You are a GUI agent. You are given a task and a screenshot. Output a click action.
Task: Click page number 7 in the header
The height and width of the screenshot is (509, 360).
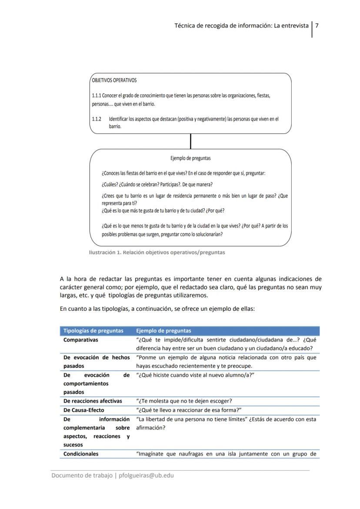(x=317, y=26)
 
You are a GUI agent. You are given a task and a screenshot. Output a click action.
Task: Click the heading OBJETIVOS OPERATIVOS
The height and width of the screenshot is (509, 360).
(x=114, y=80)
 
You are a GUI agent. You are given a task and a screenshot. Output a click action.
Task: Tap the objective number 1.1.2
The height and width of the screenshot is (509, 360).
(x=97, y=119)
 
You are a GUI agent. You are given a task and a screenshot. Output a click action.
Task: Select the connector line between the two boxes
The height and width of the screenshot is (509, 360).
(x=190, y=141)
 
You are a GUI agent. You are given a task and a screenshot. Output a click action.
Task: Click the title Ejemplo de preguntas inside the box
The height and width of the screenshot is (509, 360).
(x=190, y=159)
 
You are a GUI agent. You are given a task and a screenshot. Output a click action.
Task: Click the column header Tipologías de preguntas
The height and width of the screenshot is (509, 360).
(x=93, y=331)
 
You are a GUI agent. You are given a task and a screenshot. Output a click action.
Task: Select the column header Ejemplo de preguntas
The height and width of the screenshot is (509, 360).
(x=163, y=331)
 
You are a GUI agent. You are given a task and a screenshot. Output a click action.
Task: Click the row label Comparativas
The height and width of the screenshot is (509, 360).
(x=81, y=340)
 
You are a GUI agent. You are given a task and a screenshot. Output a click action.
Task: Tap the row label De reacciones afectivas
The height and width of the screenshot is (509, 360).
(x=93, y=401)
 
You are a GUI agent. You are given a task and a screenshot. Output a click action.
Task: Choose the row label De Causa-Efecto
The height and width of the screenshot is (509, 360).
(x=84, y=410)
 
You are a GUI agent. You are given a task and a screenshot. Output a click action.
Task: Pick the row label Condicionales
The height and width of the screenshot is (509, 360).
(x=81, y=454)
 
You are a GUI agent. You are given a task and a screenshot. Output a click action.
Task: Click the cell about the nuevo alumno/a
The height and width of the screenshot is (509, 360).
(x=195, y=375)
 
